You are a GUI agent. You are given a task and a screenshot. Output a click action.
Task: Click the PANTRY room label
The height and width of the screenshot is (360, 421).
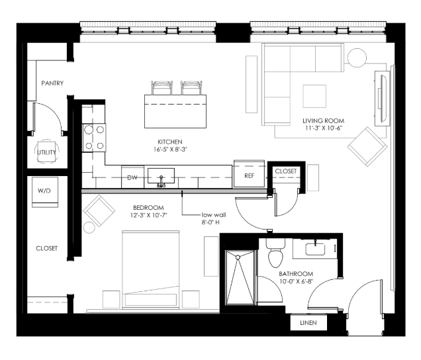point(52,83)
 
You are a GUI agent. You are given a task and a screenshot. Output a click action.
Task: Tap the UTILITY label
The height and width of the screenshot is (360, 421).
point(46,152)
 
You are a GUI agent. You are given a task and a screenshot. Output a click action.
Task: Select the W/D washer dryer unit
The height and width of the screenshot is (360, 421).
point(45,192)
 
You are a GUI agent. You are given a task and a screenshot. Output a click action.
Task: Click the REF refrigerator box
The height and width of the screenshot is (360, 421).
point(249,174)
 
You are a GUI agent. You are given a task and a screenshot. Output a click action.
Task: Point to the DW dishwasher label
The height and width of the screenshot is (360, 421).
point(132,177)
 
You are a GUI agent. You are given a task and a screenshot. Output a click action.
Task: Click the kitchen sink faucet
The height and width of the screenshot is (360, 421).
point(161,181)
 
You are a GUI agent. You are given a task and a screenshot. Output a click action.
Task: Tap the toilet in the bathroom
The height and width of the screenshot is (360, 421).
point(275,253)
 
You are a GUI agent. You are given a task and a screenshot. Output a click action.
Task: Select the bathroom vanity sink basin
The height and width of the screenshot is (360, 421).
point(315,249)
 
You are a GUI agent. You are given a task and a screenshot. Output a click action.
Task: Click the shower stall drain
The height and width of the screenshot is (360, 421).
point(238,257)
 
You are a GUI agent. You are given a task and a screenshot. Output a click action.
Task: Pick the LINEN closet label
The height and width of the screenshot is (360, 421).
point(308,323)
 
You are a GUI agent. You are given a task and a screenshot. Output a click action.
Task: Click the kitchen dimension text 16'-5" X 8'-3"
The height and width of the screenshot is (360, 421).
point(170,150)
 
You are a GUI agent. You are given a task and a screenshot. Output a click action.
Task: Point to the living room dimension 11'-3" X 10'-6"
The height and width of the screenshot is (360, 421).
point(324,128)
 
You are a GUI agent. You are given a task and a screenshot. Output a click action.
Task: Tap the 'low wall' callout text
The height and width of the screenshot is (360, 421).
point(214,215)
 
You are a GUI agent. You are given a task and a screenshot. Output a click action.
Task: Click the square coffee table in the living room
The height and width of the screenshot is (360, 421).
point(314,97)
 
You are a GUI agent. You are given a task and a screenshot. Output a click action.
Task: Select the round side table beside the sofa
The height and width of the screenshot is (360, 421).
point(357,58)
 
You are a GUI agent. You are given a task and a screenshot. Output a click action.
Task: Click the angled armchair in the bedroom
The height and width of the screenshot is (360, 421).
point(99,210)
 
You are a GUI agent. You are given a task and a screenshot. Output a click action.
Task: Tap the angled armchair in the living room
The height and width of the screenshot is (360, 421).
point(367,146)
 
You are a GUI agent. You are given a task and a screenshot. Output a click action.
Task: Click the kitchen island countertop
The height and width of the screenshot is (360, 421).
point(175,111)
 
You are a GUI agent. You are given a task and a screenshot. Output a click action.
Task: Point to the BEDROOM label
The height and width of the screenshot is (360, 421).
point(148,208)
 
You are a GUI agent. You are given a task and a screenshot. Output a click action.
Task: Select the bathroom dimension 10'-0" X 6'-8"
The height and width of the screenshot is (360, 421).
point(296,281)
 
